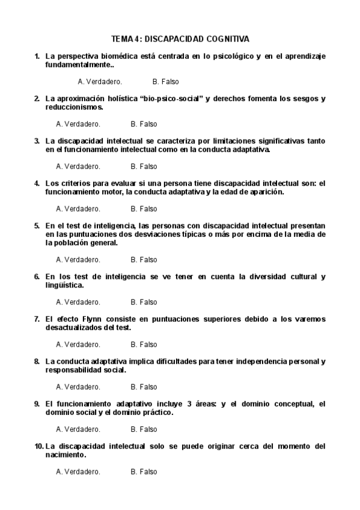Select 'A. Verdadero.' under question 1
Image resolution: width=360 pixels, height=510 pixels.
[100, 81]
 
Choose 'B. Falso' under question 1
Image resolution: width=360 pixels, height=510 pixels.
[166, 81]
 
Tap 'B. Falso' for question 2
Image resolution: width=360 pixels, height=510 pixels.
[144, 124]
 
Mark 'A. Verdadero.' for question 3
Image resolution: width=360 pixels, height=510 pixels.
[78, 167]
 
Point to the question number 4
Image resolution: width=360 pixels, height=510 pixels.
[37, 183]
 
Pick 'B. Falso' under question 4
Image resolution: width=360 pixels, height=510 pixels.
[144, 209]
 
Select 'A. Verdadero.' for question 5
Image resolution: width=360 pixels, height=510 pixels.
[78, 260]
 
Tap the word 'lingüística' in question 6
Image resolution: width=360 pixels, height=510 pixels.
[64, 285]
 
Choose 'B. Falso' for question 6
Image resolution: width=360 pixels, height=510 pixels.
[144, 302]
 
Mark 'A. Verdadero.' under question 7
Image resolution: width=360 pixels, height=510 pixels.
[78, 345]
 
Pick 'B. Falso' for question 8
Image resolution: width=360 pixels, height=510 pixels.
[144, 387]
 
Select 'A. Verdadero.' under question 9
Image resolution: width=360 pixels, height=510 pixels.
[78, 429]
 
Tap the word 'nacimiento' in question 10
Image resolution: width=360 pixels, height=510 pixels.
[65, 455]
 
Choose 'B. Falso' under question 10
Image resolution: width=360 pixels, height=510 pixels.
[144, 472]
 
